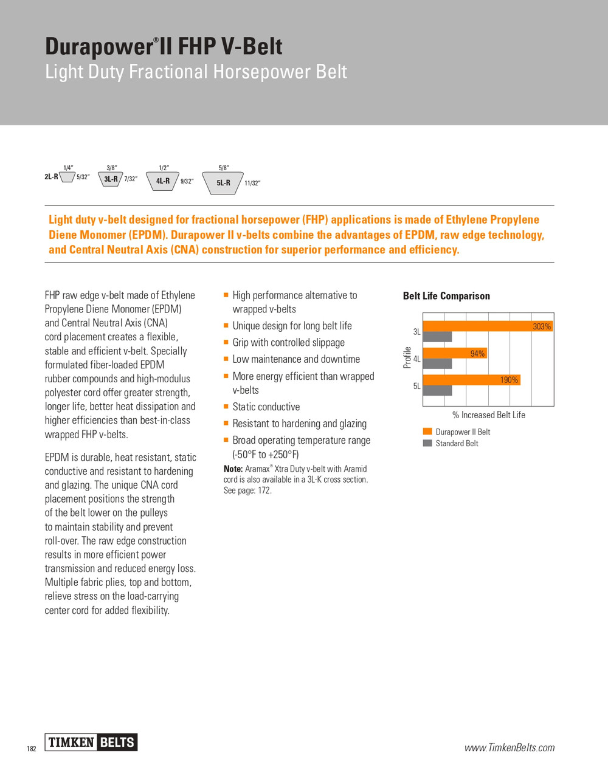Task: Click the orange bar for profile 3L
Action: click(x=486, y=326)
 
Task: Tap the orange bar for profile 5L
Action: click(x=471, y=380)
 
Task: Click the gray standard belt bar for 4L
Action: click(x=437, y=363)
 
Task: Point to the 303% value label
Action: click(x=542, y=326)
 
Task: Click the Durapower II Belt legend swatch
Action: click(x=427, y=432)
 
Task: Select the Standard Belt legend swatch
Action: click(x=427, y=443)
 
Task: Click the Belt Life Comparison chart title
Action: click(x=446, y=296)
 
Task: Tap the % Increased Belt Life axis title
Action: click(x=489, y=415)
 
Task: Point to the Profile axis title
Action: click(x=407, y=357)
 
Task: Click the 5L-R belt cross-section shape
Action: click(x=223, y=182)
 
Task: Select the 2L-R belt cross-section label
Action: click(x=51, y=177)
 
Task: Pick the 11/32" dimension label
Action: click(x=252, y=183)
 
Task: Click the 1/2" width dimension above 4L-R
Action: click(x=164, y=168)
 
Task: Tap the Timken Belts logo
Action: click(x=91, y=742)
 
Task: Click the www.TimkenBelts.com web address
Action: click(x=510, y=748)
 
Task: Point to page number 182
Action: click(x=32, y=749)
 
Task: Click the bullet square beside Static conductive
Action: click(x=226, y=406)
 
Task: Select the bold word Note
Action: click(x=233, y=469)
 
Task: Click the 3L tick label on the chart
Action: click(x=416, y=332)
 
